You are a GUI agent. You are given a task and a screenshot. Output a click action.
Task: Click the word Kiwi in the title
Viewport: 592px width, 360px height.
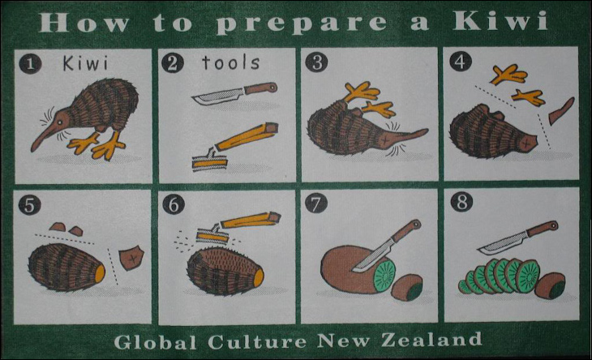point(500,21)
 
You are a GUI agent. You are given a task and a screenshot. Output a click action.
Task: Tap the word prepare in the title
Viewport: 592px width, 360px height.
point(302,24)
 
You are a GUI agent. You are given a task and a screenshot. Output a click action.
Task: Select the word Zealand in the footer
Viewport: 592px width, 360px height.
point(431,340)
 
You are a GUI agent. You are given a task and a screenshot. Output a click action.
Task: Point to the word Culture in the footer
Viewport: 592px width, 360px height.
point(257,341)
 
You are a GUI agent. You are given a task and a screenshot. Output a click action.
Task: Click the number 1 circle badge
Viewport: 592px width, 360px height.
point(30,64)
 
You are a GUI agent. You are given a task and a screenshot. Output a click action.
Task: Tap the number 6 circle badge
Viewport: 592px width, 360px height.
point(174,204)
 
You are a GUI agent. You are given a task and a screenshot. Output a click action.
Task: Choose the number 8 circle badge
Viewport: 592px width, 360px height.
point(461,202)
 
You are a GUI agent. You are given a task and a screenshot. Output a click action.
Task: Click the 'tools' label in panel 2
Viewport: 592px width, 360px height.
point(230,62)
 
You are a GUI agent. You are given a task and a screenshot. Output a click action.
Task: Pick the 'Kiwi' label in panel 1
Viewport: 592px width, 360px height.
point(85,63)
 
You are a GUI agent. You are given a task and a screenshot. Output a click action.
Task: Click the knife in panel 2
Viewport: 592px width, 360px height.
point(235,93)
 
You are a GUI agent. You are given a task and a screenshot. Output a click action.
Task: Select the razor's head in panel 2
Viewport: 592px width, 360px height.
point(209,161)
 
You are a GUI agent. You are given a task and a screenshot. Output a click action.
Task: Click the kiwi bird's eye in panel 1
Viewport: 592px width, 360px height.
point(60,122)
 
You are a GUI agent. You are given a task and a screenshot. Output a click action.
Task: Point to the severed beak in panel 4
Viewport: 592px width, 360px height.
point(561,110)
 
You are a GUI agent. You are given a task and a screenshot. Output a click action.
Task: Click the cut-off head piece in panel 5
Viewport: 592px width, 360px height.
point(131,258)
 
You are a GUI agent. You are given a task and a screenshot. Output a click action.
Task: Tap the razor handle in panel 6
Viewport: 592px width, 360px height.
point(251,220)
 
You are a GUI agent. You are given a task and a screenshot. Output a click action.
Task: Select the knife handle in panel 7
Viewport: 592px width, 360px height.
point(406,230)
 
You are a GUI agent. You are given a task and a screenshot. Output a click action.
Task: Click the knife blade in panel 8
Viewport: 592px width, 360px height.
point(502,244)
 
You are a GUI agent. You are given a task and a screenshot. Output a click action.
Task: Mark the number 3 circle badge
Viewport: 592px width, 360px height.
point(316,62)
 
